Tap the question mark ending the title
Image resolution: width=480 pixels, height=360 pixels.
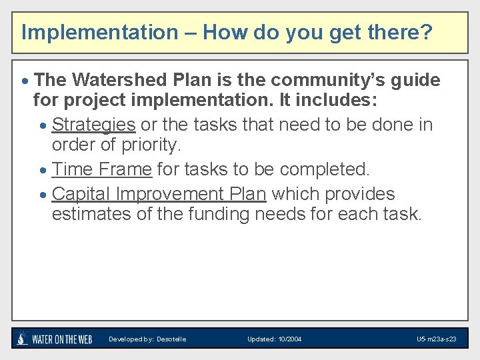coord(426,32)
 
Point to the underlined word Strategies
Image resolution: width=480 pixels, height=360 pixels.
coord(93,125)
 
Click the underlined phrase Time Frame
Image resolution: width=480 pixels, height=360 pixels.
coord(101,170)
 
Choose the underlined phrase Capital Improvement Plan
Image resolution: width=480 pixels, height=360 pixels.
coord(159,194)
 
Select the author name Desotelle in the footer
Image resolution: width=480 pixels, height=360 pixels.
coord(171,339)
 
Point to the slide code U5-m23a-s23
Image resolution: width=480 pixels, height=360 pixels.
coord(436,339)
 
